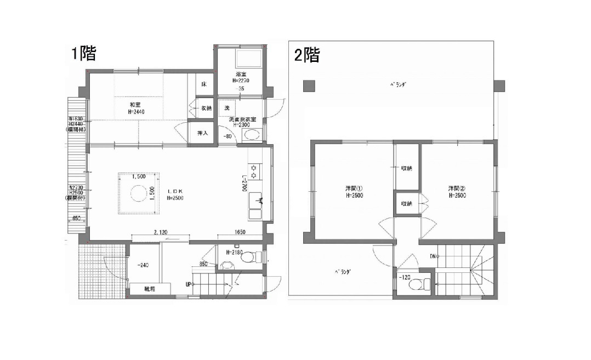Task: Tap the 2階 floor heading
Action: [307, 55]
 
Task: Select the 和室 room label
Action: [137, 105]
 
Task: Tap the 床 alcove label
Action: [203, 85]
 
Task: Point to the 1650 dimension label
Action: [241, 232]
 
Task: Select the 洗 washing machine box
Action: [227, 107]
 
